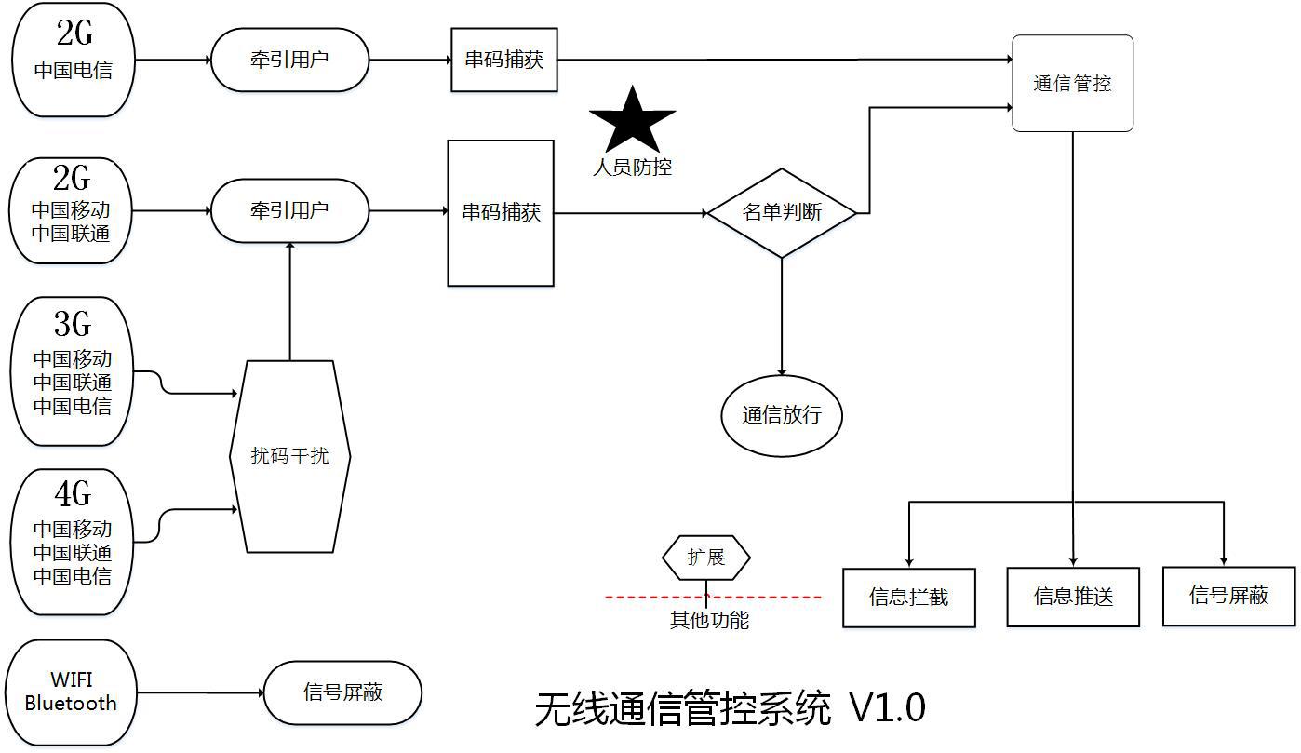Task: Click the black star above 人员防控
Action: [632, 122]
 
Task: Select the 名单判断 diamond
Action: [782, 213]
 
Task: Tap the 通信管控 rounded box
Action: [1072, 84]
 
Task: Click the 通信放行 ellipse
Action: [782, 415]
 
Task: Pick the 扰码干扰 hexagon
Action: [289, 456]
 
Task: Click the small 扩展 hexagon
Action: [705, 558]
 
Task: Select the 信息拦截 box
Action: [908, 598]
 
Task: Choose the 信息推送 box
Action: [1073, 597]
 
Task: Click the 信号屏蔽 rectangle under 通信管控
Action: [1228, 596]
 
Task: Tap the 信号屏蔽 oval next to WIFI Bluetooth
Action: [342, 692]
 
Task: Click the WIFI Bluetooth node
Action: [71, 692]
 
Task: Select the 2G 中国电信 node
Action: [74, 60]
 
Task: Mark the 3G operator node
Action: [72, 370]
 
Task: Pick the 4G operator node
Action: [72, 542]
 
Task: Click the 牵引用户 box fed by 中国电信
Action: [289, 60]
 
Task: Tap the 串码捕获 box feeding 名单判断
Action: [501, 213]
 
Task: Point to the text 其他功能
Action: [709, 620]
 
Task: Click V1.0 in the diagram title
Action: [887, 708]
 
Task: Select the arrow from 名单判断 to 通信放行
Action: [782, 316]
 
